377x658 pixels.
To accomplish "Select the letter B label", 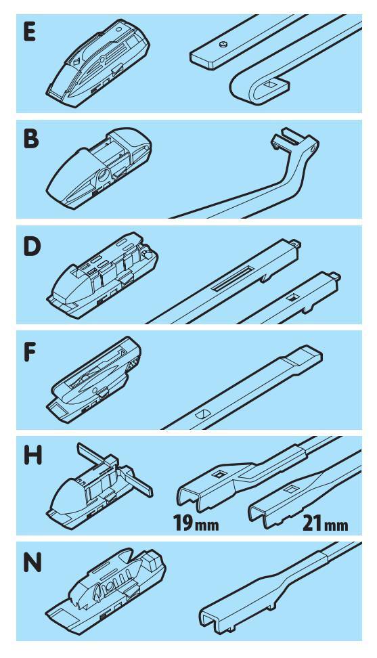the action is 30,138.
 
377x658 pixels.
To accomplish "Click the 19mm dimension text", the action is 196,523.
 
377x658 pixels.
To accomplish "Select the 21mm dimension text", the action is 325,524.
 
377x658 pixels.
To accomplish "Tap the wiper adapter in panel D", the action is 102,275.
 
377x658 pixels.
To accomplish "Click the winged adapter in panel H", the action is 100,486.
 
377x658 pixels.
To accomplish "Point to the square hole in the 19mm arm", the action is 218,474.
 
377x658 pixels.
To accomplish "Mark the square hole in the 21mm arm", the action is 290,489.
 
